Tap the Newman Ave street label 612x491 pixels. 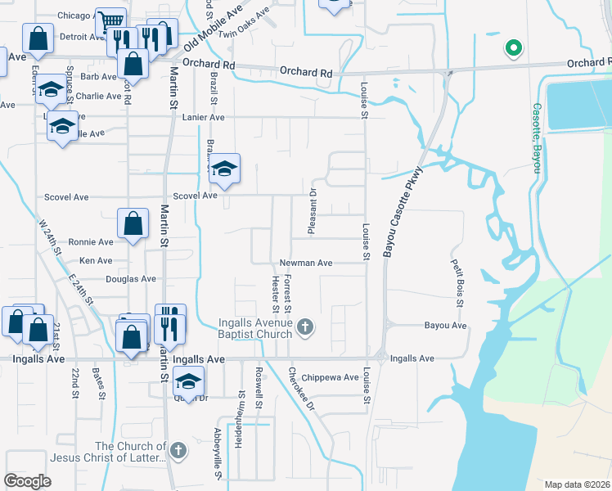click(x=306, y=264)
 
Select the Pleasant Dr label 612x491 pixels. click(x=313, y=211)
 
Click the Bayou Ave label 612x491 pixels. click(x=445, y=326)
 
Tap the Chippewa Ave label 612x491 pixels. click(x=330, y=377)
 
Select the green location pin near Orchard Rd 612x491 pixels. click(x=513, y=48)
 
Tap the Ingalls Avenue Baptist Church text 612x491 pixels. click(x=255, y=328)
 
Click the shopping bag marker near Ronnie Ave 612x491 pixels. click(x=133, y=223)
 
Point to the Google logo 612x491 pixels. click(x=28, y=480)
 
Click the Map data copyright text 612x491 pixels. click(x=578, y=484)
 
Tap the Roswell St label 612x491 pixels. click(x=259, y=399)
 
